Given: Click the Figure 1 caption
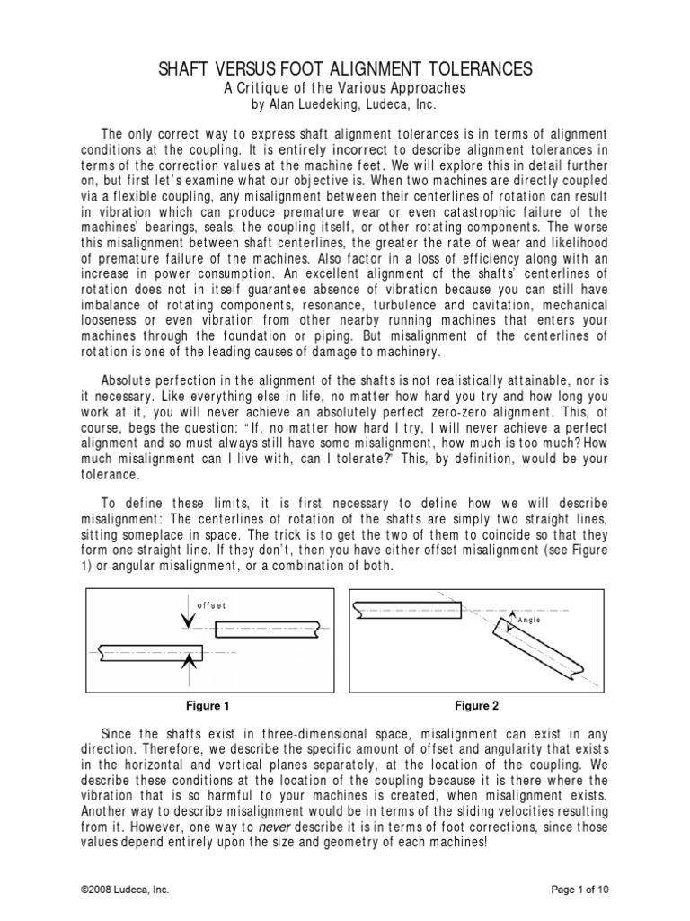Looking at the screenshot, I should coord(214,705).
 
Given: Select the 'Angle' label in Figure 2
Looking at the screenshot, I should coord(533,620).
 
